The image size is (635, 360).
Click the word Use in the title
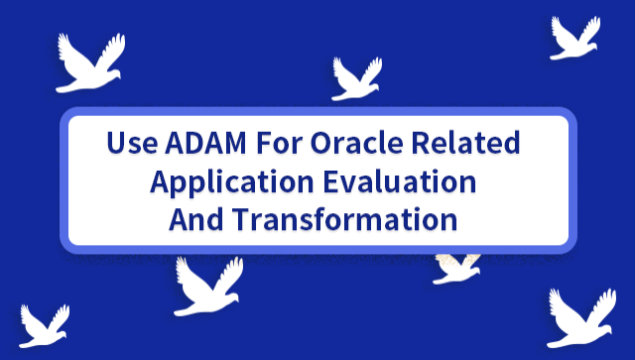pyautogui.click(x=129, y=144)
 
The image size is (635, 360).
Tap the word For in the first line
pyautogui.click(x=280, y=144)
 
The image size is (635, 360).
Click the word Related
pyautogui.click(x=470, y=144)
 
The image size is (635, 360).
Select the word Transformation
pyautogui.click(x=343, y=219)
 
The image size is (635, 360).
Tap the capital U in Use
pyautogui.click(x=115, y=144)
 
